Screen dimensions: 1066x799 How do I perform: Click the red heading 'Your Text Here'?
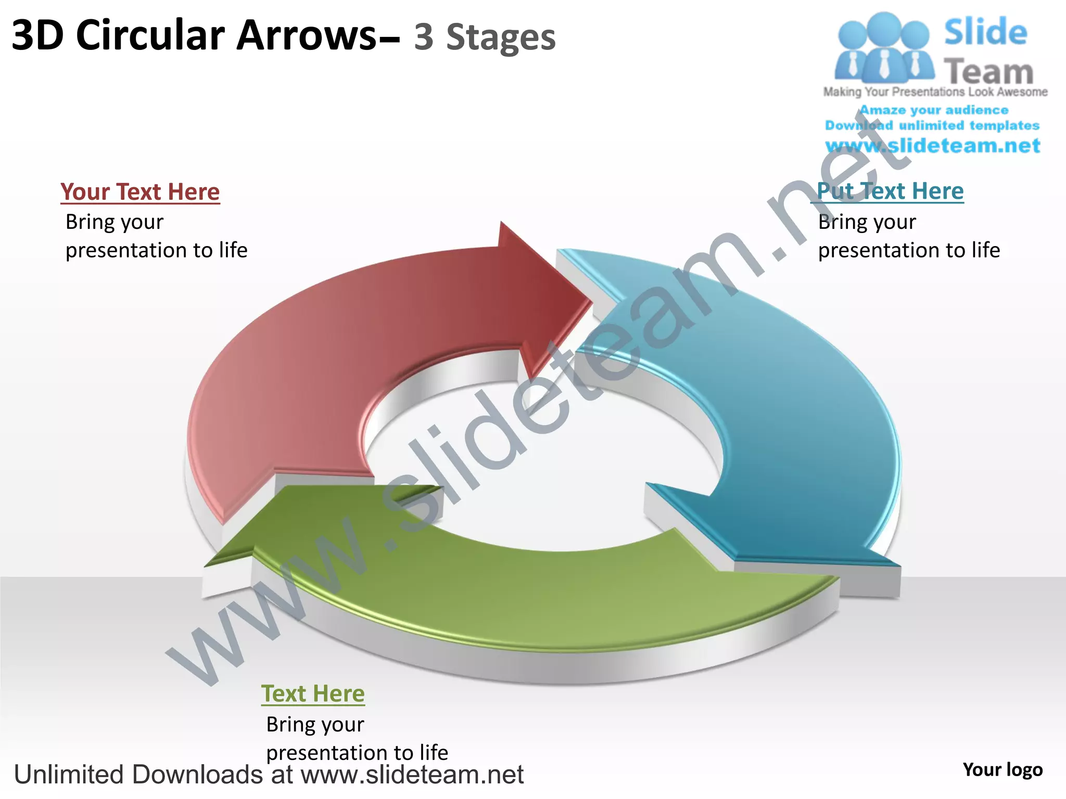pos(140,192)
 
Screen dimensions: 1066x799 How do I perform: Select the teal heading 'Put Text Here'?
pos(890,191)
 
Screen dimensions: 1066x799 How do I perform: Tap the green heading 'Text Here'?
pos(313,693)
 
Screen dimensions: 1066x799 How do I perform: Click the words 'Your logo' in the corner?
pos(1002,770)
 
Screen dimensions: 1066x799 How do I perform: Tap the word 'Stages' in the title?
pos(501,37)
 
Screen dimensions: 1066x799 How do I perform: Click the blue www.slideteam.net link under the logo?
pos(933,146)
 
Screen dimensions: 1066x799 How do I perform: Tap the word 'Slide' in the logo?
pos(985,32)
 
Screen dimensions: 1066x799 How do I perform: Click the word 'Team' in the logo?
pos(988,72)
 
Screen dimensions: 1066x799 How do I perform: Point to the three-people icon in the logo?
pos(883,48)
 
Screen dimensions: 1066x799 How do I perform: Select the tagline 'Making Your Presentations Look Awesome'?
pos(935,92)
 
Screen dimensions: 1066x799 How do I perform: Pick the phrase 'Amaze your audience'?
pos(934,110)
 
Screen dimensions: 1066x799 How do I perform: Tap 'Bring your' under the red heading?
pos(115,223)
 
